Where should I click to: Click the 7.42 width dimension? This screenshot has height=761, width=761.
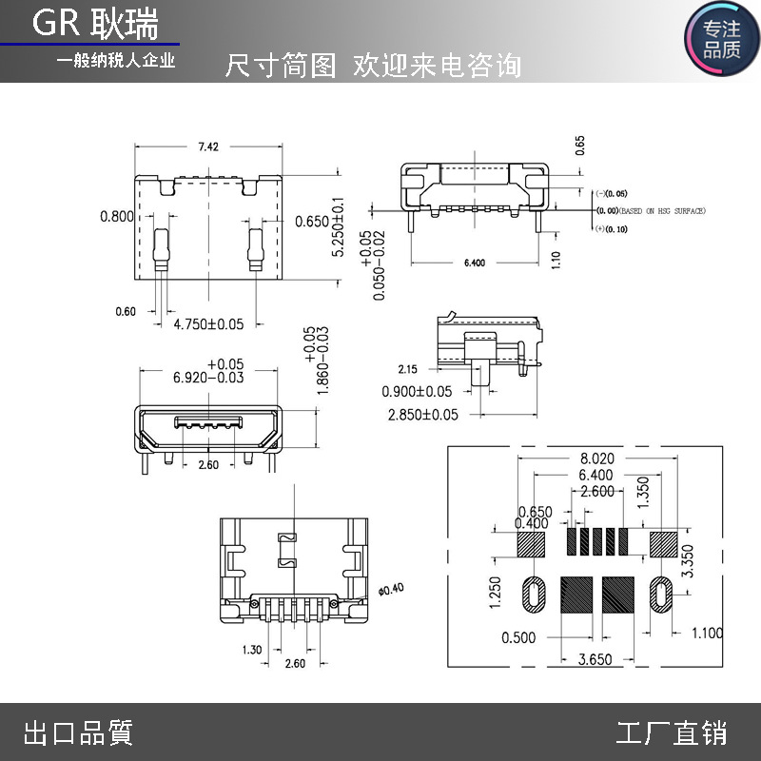208,146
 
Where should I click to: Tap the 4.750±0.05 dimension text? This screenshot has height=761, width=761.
208,324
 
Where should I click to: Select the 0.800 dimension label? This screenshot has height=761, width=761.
117,217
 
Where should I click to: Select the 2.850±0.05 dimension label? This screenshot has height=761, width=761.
422,415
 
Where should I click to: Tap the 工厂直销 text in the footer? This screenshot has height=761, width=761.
672,733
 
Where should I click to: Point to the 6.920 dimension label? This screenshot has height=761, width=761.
208,378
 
